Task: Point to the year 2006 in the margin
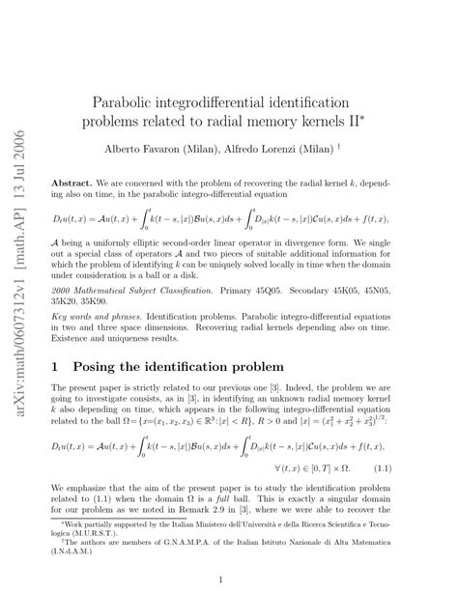pos(19,39)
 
